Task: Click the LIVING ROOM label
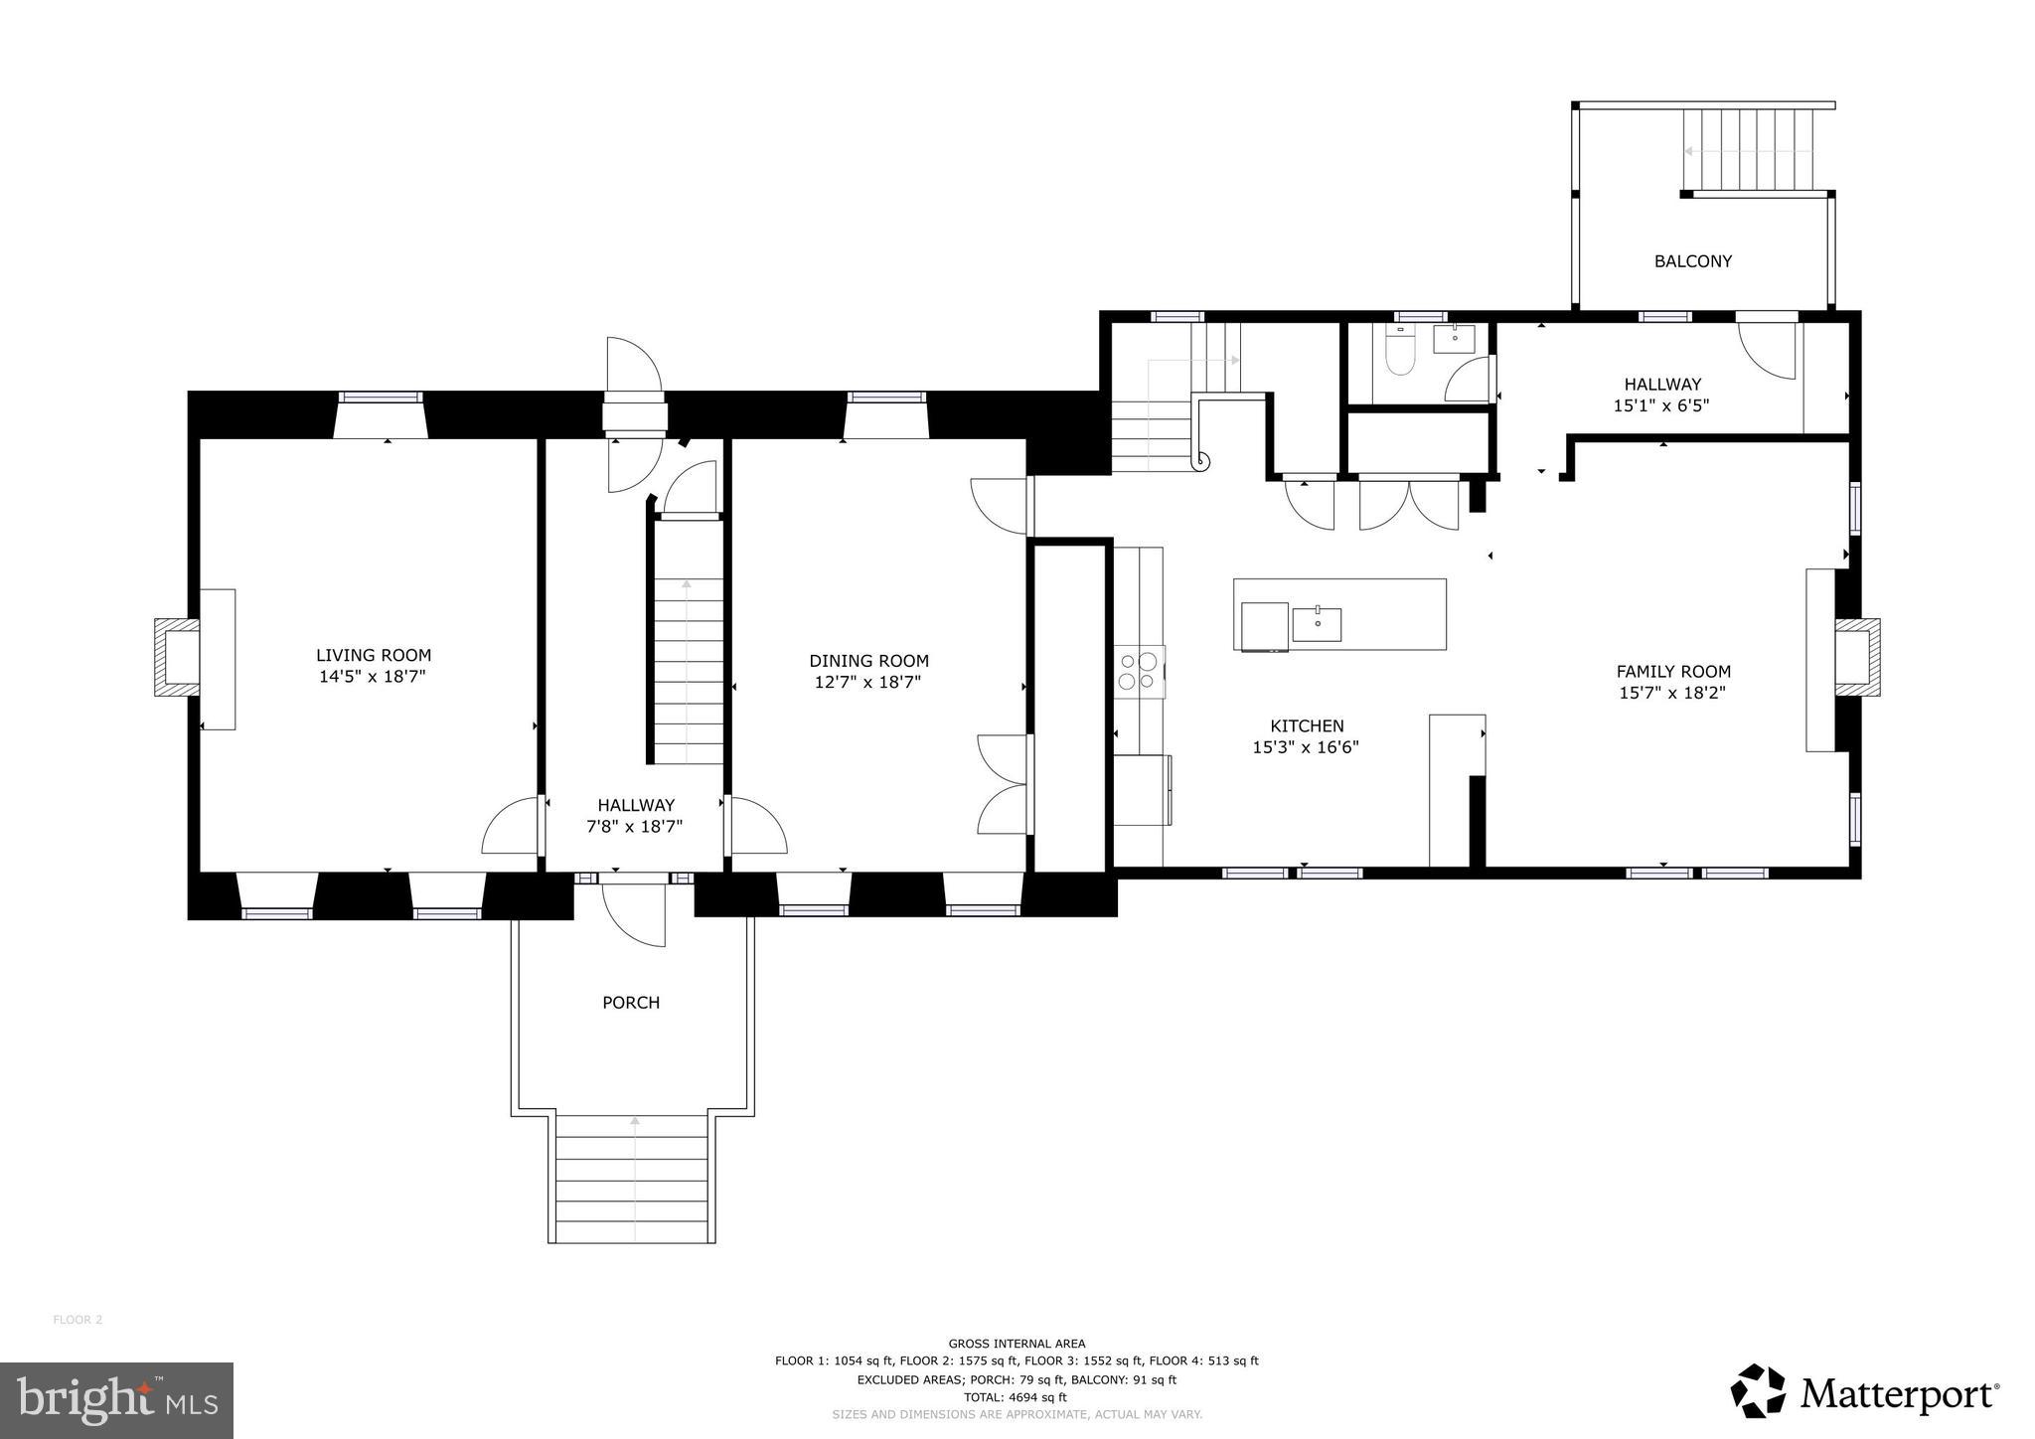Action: pyautogui.click(x=374, y=655)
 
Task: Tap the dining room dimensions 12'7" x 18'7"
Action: pyautogui.click(x=868, y=683)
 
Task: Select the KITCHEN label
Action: pyautogui.click(x=1307, y=726)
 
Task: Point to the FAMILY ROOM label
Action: pyautogui.click(x=1673, y=672)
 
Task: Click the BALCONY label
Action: pyautogui.click(x=1692, y=261)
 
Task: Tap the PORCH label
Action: pyautogui.click(x=631, y=1003)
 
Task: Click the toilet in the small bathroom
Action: pyautogui.click(x=1399, y=356)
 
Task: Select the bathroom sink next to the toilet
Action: pyautogui.click(x=1456, y=339)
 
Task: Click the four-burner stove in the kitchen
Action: pyautogui.click(x=1139, y=669)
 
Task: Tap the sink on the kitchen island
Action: pyautogui.click(x=1317, y=624)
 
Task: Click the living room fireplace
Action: pyautogui.click(x=177, y=657)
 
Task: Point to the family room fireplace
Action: pyautogui.click(x=1856, y=657)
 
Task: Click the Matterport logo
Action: pyautogui.click(x=1864, y=1393)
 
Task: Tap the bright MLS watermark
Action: pyautogui.click(x=116, y=1400)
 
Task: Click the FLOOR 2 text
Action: pyautogui.click(x=78, y=1320)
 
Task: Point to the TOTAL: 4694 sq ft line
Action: pyautogui.click(x=1016, y=1396)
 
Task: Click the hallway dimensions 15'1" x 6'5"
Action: pyautogui.click(x=1661, y=405)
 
